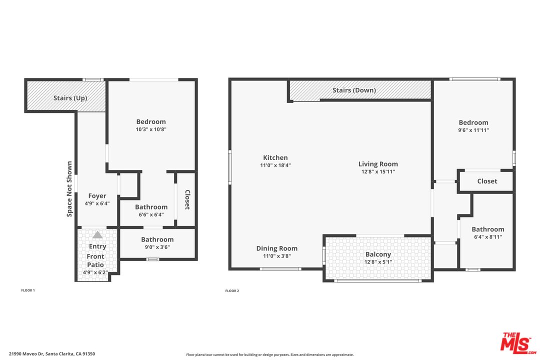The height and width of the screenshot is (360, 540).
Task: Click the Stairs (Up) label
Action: click(x=70, y=98)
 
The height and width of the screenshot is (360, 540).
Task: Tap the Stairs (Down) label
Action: click(x=354, y=90)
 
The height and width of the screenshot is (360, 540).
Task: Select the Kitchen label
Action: click(x=275, y=158)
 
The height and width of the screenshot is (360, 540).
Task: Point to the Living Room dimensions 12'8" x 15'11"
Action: click(x=378, y=171)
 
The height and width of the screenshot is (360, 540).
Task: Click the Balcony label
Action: click(x=378, y=254)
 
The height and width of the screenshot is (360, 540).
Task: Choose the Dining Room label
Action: click(x=277, y=248)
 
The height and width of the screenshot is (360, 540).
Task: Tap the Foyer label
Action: click(x=97, y=196)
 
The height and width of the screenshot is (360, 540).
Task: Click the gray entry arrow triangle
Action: click(x=97, y=235)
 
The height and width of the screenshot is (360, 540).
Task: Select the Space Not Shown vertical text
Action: click(x=69, y=189)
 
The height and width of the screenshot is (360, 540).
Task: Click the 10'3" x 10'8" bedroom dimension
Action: click(x=151, y=129)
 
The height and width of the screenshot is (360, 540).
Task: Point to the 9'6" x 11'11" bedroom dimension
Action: click(x=473, y=130)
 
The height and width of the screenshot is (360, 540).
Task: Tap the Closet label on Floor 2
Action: click(x=487, y=181)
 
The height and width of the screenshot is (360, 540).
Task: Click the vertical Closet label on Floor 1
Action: click(x=187, y=199)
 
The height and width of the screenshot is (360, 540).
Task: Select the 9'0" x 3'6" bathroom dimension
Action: click(x=157, y=247)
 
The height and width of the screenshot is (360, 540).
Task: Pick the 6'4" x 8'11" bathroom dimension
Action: click(x=488, y=236)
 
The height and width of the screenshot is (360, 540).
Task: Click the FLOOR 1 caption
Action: click(x=28, y=290)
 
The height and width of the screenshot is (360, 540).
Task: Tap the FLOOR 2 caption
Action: click(x=232, y=291)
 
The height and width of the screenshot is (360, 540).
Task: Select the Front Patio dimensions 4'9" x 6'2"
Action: click(x=95, y=272)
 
